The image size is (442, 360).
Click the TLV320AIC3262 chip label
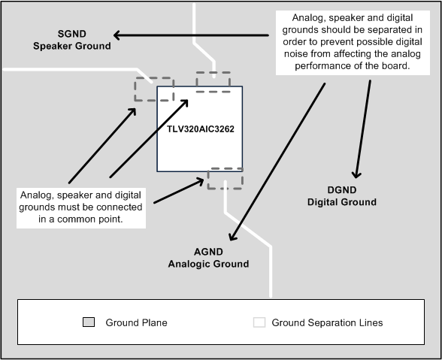point(201,129)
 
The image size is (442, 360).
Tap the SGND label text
point(72,34)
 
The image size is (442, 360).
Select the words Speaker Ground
point(72,46)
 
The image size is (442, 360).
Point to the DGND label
point(341,190)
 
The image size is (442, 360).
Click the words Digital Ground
point(341,202)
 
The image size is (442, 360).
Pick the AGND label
point(208,252)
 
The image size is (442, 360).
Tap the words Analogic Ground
point(208,264)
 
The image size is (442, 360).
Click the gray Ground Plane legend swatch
point(89,322)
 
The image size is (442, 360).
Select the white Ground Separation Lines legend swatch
point(259,322)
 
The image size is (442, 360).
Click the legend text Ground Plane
point(137,322)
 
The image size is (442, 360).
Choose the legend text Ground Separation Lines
point(327,322)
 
